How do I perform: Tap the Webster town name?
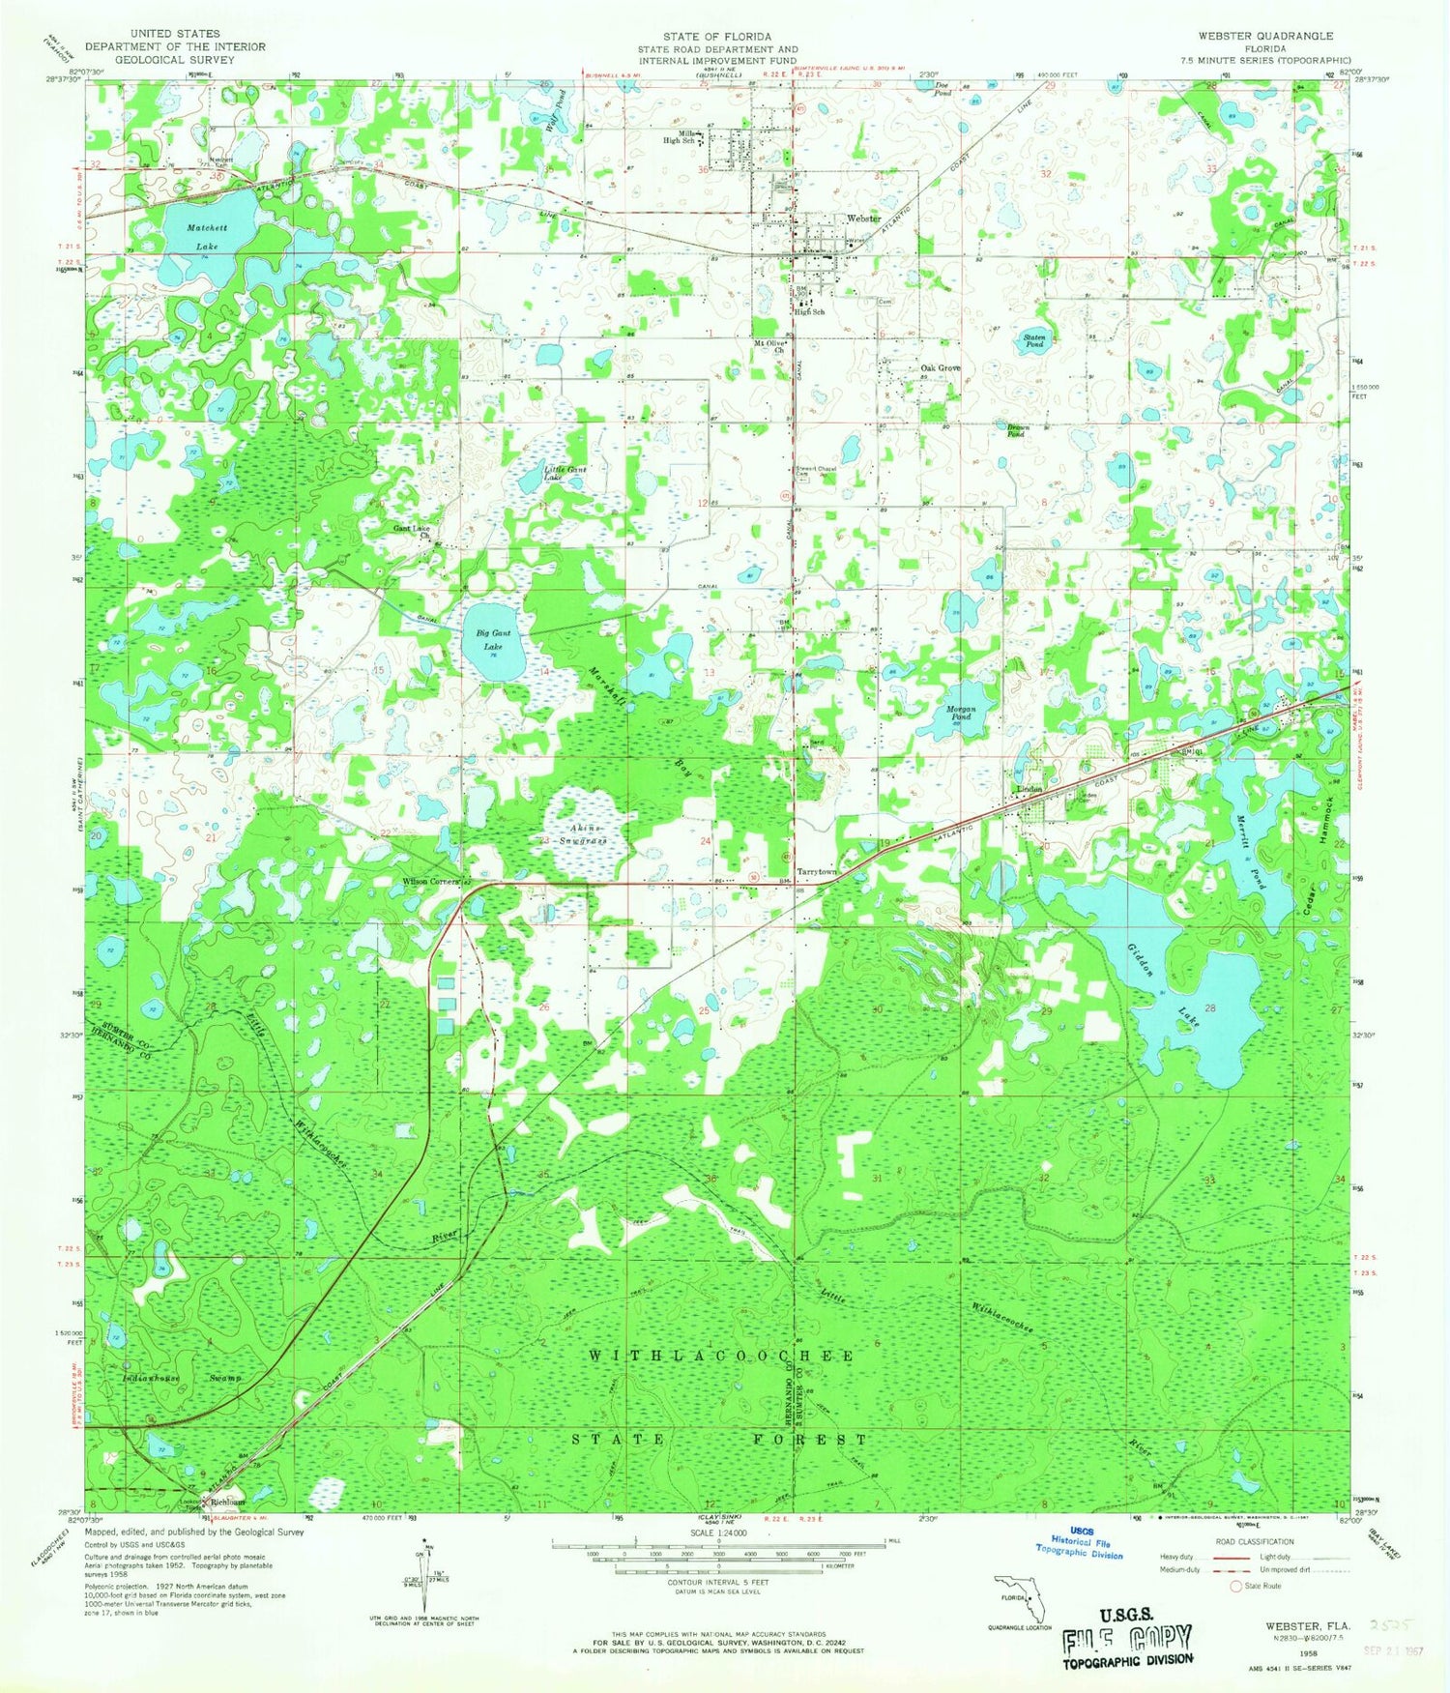[862, 219]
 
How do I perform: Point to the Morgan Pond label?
[960, 713]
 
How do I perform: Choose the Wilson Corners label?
[429, 882]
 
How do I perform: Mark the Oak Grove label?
[940, 368]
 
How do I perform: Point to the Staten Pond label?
[1034, 339]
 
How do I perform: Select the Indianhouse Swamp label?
[181, 1378]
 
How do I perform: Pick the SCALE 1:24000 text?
[716, 1533]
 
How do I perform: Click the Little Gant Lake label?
[565, 474]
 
